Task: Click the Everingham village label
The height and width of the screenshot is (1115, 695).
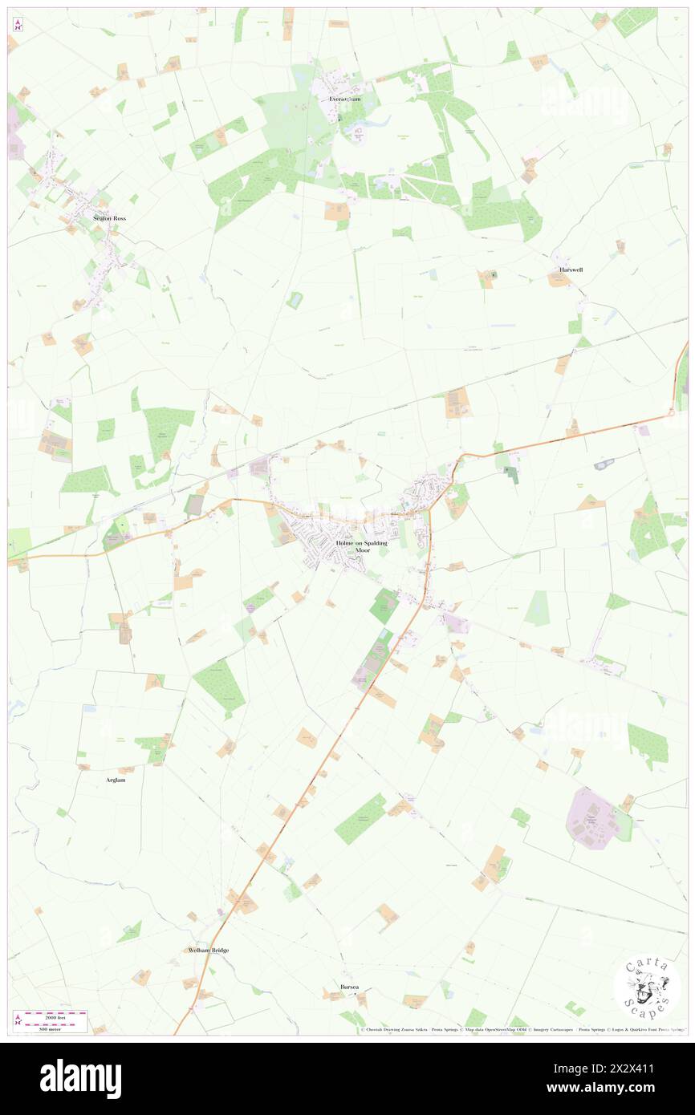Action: coord(345,99)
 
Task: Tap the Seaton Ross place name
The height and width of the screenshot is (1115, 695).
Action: coord(109,218)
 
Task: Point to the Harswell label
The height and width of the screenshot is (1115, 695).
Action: coord(571,270)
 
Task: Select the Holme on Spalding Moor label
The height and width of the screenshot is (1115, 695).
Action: coord(361,546)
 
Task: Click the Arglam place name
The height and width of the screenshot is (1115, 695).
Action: coord(116,779)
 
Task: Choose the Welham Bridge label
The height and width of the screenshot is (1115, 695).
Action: coord(208,950)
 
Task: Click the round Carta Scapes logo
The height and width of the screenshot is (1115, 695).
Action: coord(647,987)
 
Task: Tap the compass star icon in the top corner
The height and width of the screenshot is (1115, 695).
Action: coord(18,25)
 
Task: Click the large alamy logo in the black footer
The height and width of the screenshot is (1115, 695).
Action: coord(80,1078)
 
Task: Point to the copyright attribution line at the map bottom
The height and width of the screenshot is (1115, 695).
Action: coord(522,1030)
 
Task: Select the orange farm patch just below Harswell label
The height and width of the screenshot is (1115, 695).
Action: coord(559,280)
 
